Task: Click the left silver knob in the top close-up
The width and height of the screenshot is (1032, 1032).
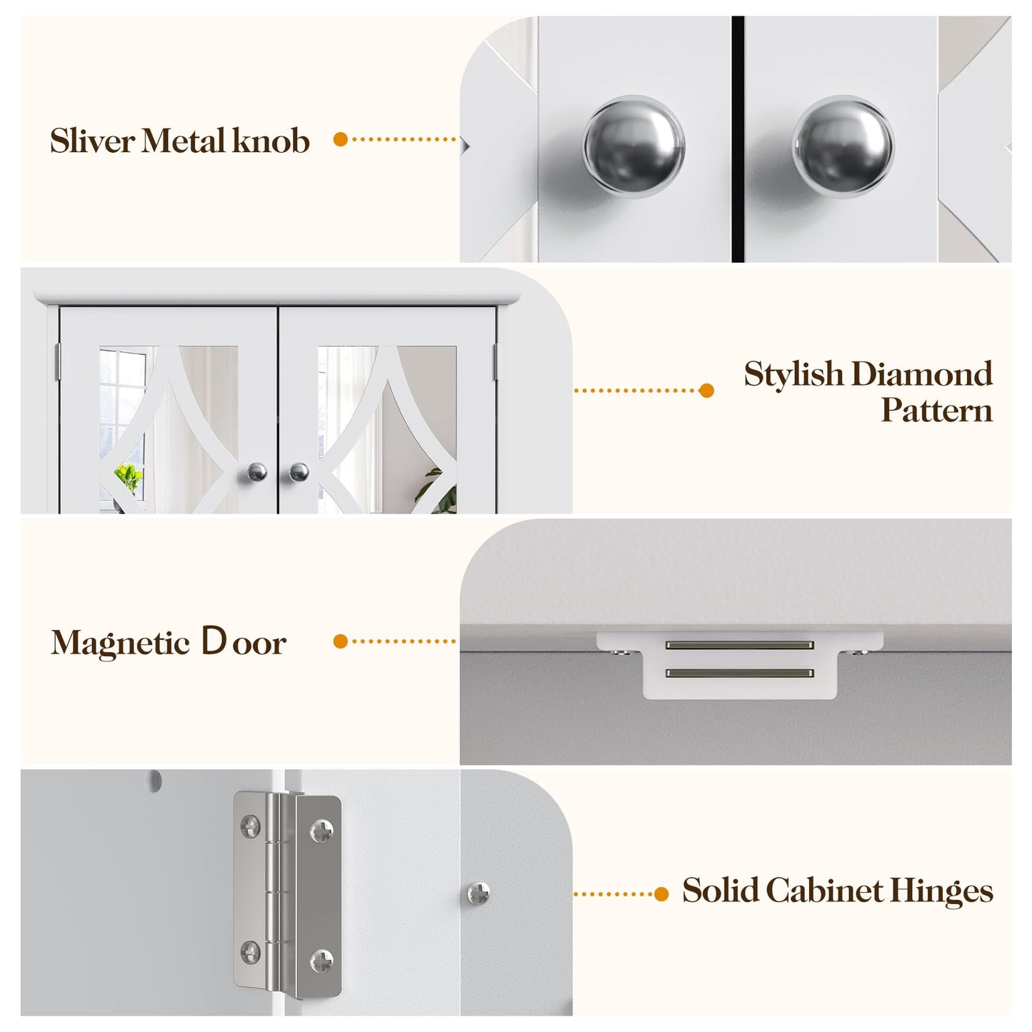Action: (633, 146)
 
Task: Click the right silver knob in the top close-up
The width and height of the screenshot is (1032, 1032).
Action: (843, 146)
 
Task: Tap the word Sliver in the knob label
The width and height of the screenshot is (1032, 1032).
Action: (92, 141)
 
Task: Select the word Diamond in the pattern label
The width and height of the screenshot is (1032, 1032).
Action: (922, 374)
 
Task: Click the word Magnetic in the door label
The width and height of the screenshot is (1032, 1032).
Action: (120, 643)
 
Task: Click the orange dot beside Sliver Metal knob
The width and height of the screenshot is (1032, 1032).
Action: (341, 140)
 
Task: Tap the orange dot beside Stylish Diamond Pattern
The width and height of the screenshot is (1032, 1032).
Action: (706, 391)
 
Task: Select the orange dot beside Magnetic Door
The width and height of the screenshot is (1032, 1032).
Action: (341, 641)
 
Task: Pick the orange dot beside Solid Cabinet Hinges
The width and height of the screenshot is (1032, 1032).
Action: (661, 893)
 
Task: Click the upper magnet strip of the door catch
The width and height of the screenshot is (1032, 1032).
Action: (739, 645)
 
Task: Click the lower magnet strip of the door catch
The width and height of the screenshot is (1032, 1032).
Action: (739, 673)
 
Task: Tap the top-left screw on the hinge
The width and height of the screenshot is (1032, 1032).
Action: (251, 826)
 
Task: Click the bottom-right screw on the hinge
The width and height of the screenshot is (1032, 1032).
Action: (321, 961)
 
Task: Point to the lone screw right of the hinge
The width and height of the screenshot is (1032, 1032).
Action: (479, 893)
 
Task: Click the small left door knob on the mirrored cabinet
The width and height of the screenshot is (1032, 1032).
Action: (257, 471)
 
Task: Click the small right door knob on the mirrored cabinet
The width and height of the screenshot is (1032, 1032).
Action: (299, 471)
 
